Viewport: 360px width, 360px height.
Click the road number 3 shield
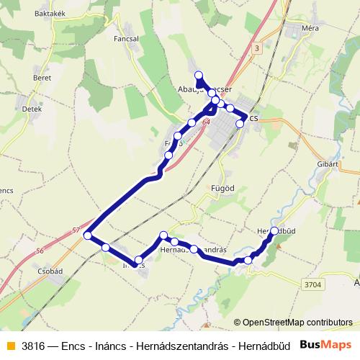click(x=256, y=48)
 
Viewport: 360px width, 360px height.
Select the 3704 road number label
click(x=312, y=284)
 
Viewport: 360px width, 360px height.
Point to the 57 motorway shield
click(x=76, y=230)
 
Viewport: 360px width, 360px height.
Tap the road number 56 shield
click(x=40, y=251)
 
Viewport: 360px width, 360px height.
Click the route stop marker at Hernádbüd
click(x=274, y=230)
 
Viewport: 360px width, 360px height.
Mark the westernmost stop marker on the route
click(x=88, y=235)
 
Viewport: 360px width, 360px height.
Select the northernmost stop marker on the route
click(x=199, y=75)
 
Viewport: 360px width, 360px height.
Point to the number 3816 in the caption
click(x=34, y=345)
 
